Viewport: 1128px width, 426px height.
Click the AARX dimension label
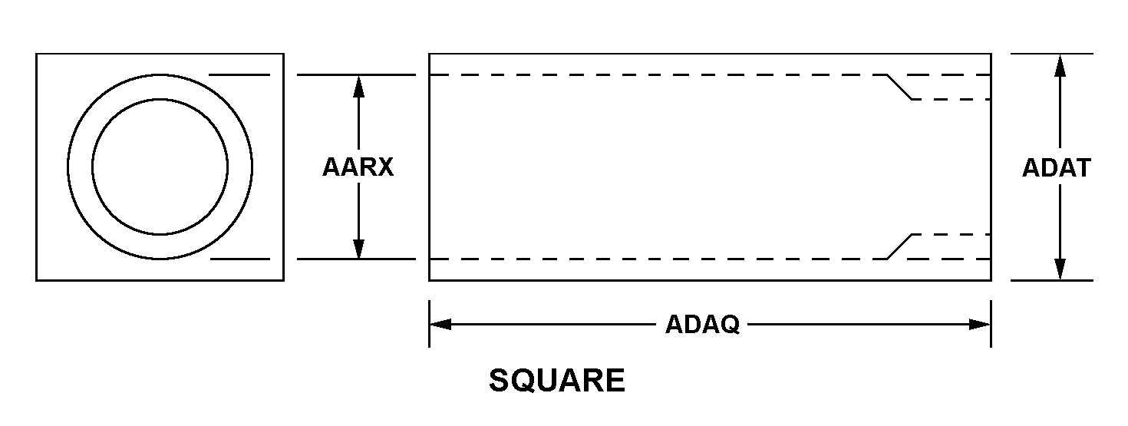point(358,167)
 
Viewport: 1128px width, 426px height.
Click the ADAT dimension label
point(1056,167)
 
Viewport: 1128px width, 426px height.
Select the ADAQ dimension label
point(702,325)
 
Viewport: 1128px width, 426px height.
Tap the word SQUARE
point(557,381)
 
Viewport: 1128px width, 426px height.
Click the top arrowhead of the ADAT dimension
point(1060,64)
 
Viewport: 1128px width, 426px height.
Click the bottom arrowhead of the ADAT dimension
point(1060,270)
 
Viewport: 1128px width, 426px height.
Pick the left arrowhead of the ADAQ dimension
point(439,325)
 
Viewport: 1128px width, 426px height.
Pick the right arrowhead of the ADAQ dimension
point(981,325)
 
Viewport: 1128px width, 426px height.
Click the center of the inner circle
point(160,167)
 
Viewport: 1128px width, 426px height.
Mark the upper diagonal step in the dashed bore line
point(899,88)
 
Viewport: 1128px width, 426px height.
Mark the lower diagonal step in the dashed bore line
point(899,246)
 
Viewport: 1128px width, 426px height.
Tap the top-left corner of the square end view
point(37,54)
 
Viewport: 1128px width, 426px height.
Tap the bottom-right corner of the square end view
point(284,280)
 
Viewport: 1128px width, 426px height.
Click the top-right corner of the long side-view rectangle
point(991,54)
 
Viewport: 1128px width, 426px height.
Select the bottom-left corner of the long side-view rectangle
point(429,280)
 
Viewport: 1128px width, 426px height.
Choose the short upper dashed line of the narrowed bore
point(952,100)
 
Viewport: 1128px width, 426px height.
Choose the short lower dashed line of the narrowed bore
point(952,234)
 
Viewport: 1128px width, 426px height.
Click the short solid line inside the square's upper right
point(239,75)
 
